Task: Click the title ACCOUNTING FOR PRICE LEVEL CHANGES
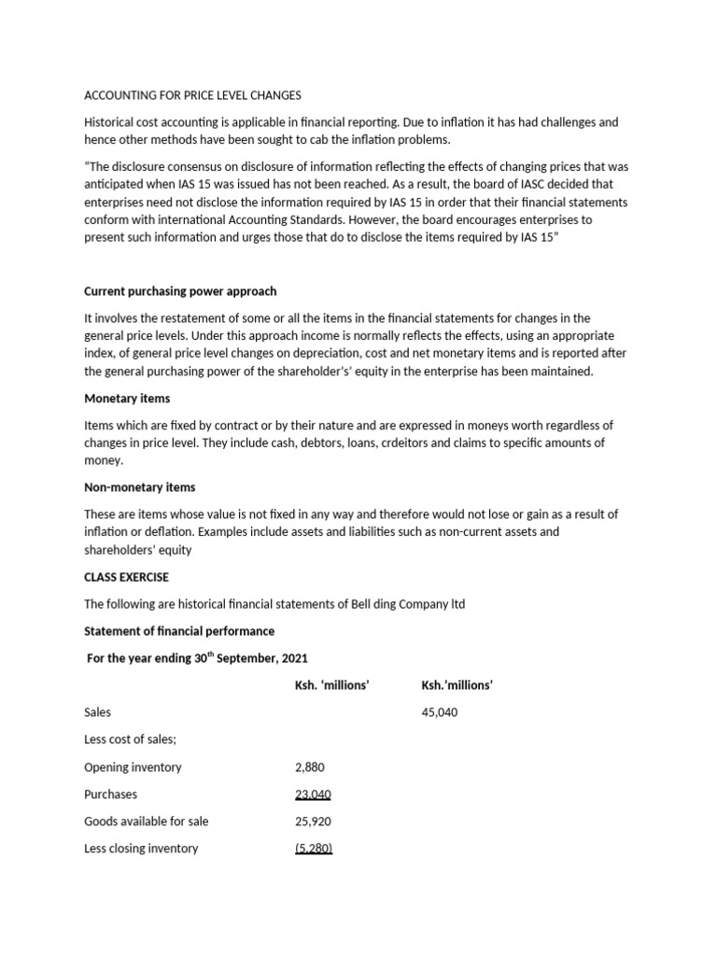tap(193, 95)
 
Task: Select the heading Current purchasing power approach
tap(180, 291)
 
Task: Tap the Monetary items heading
tap(127, 399)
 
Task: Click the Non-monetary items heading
tap(140, 487)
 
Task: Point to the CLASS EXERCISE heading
tap(127, 577)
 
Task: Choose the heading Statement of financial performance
tap(179, 631)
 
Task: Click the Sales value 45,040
tap(440, 712)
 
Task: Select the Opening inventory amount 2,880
tap(309, 767)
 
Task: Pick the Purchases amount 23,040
tap(312, 794)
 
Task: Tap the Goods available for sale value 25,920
tap(312, 822)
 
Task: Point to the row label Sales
tap(97, 712)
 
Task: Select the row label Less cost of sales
tap(130, 739)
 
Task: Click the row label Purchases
tap(110, 794)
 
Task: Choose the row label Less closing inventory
tap(141, 849)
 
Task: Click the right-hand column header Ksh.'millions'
tap(457, 685)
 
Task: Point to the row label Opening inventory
tap(133, 767)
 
